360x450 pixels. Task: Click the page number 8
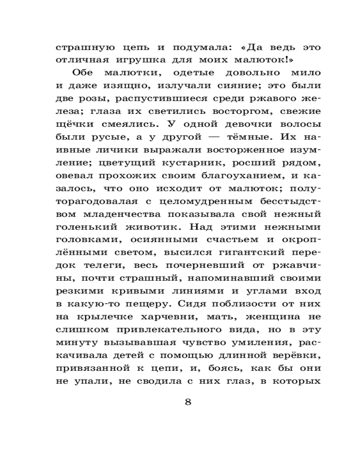188,402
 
